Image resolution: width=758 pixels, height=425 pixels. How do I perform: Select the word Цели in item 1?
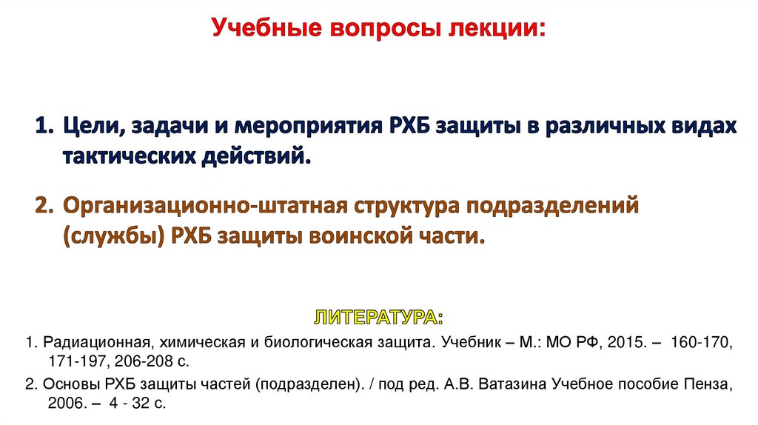[x=91, y=126]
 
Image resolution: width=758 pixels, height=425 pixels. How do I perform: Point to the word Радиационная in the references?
[x=95, y=344]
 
